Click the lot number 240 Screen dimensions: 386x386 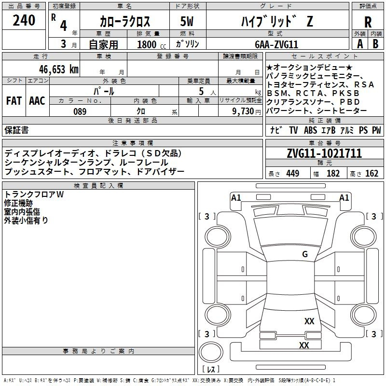point(24,20)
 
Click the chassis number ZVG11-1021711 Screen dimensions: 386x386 point(324,154)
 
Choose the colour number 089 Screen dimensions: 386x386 point(80,111)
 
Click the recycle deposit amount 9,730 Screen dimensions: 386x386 point(240,111)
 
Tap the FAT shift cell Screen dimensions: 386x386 point(14,101)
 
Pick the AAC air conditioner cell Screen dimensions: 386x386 point(37,101)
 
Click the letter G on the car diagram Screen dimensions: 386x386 point(304,254)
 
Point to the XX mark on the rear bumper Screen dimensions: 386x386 point(304,345)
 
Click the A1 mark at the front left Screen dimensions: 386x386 point(236,197)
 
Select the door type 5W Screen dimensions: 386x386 point(188,22)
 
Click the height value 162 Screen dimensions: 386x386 point(372,174)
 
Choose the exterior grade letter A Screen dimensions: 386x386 point(359,44)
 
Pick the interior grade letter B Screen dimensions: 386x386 point(376,44)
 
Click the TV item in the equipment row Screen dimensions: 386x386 point(293,130)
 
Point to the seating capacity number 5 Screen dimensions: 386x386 point(200,91)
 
